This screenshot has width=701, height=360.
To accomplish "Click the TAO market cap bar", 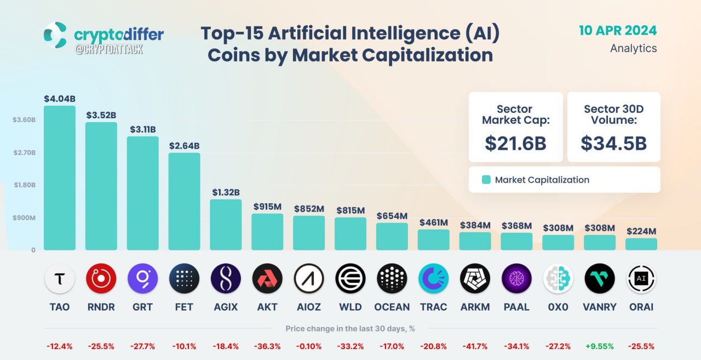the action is (60, 178).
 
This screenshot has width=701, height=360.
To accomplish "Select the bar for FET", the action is (184, 201).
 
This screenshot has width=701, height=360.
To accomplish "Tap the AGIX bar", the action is (226, 225).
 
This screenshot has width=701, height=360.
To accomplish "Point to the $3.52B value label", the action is (101, 115).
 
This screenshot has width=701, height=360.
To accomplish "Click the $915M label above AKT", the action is (267, 207).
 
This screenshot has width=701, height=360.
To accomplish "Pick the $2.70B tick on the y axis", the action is (25, 152).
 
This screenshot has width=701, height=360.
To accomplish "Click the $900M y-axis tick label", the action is (24, 218).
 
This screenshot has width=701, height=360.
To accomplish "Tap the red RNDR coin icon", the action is (101, 278).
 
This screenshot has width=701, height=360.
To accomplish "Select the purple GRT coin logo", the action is (143, 278).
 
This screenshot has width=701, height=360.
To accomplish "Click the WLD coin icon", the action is (350, 278).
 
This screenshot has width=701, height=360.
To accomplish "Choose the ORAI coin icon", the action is (641, 278).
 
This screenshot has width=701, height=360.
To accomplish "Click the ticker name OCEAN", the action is (392, 307).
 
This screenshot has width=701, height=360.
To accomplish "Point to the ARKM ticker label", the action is (475, 307).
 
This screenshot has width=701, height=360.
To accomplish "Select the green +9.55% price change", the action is (600, 346).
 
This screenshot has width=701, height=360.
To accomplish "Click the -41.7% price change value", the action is (475, 346).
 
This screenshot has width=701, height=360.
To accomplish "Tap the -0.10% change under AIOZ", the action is (309, 346).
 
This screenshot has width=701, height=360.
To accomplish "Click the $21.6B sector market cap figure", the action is (515, 144).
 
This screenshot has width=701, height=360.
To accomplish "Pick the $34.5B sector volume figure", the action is (614, 144).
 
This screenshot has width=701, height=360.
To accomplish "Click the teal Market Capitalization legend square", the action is (486, 180).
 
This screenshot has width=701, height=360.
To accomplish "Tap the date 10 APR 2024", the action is (618, 31).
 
